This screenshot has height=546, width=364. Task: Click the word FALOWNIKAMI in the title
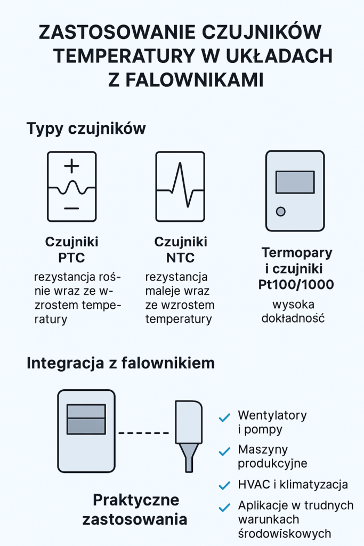click(x=194, y=80)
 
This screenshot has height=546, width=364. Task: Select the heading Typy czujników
click(x=86, y=129)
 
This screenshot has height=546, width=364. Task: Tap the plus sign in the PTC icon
click(x=72, y=166)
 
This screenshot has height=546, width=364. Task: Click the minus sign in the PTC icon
click(x=71, y=208)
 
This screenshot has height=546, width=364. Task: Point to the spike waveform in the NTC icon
click(x=180, y=184)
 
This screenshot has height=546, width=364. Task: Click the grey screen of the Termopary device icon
click(x=295, y=182)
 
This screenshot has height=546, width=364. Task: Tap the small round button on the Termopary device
click(x=280, y=211)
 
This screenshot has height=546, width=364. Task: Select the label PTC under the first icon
click(x=71, y=258)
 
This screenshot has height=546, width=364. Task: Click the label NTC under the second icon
click(x=180, y=258)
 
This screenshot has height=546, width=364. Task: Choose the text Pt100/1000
click(x=296, y=285)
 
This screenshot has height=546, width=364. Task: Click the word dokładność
click(x=293, y=318)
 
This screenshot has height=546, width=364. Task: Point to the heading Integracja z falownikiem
click(x=121, y=363)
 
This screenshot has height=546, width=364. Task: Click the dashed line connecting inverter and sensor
click(x=144, y=433)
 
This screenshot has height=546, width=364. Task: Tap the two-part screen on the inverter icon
click(x=86, y=419)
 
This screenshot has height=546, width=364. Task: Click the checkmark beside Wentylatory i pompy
click(x=224, y=417)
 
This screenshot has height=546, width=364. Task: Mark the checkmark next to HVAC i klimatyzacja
click(x=224, y=485)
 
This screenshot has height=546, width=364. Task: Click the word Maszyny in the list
click(x=263, y=449)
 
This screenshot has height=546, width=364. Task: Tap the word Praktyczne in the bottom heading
click(x=136, y=500)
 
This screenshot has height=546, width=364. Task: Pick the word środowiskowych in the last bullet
click(x=285, y=533)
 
